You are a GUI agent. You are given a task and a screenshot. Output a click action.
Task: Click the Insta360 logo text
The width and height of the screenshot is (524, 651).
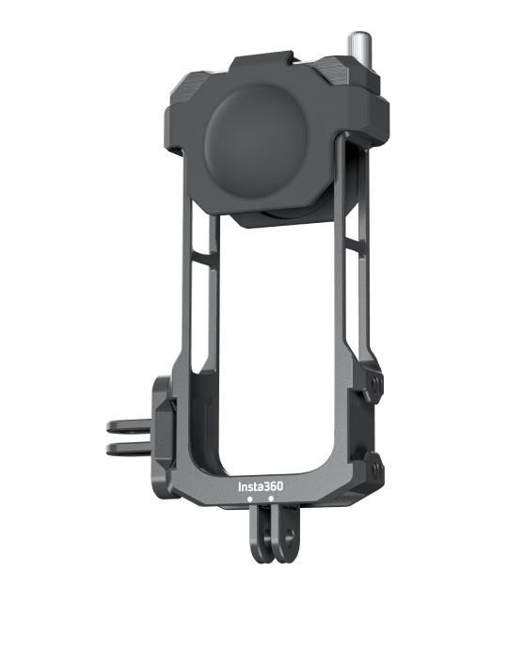tap(261, 486)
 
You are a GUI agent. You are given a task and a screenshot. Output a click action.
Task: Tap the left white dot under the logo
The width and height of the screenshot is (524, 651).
tap(249, 499)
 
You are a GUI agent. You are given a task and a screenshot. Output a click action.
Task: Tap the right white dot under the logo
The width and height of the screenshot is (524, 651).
tap(271, 499)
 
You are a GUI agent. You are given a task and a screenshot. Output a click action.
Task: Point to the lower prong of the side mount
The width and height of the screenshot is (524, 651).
tap(130, 448)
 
